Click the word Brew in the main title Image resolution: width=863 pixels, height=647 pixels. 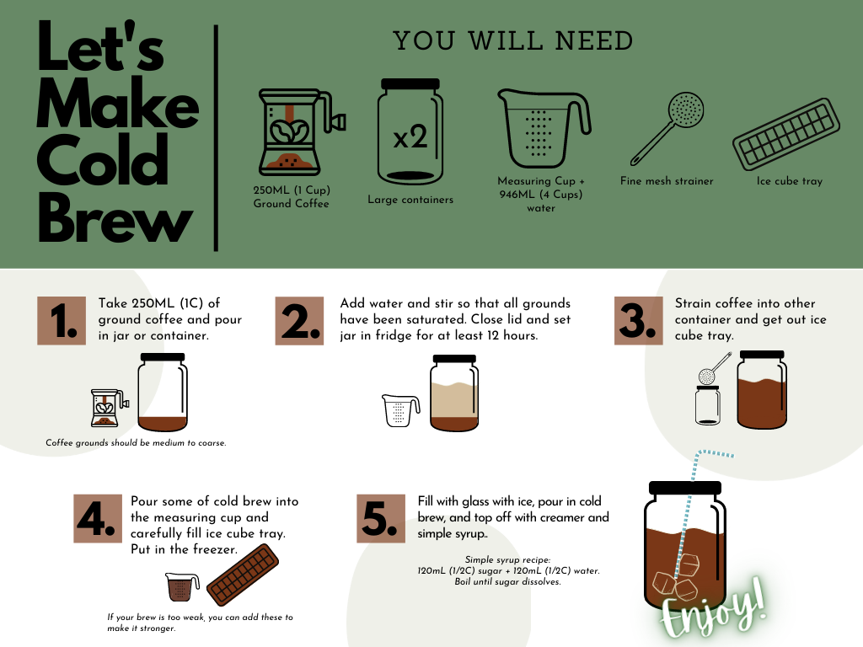115,221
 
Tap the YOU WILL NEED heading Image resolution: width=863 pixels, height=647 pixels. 512,40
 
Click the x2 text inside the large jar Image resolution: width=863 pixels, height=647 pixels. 410,137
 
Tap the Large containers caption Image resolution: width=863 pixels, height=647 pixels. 410,200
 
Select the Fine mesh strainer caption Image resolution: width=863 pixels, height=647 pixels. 667,181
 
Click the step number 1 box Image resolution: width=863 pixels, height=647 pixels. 62,321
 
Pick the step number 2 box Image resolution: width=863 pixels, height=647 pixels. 300,321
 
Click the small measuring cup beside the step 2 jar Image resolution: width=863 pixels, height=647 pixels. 401,410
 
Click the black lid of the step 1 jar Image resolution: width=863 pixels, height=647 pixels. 162,358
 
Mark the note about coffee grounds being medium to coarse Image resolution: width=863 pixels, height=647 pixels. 136,442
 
